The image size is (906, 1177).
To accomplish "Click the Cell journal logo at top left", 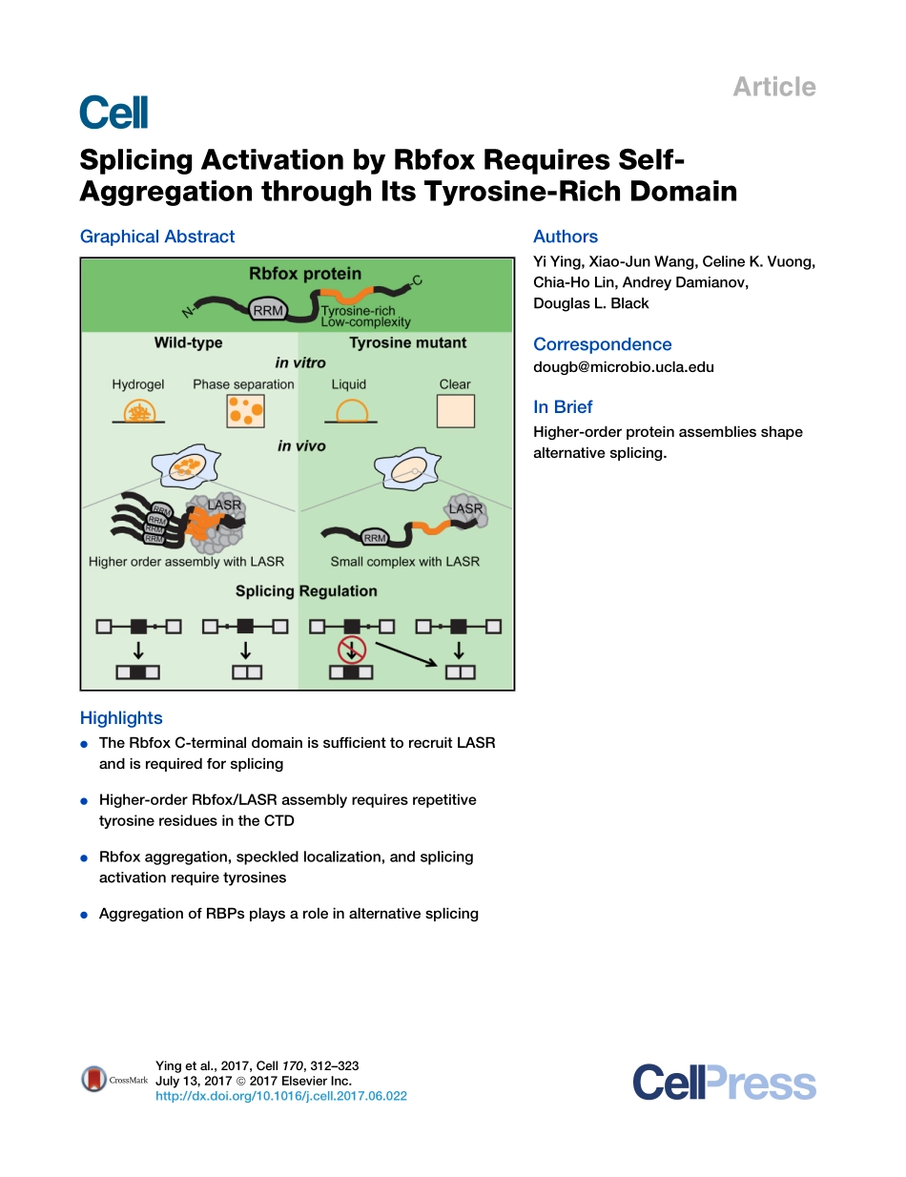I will [113, 113].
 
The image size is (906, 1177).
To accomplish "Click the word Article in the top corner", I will [773, 87].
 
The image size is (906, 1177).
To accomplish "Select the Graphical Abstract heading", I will [157, 237].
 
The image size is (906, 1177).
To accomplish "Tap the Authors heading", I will [566, 237].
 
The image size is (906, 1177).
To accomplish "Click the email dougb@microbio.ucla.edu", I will [623, 367].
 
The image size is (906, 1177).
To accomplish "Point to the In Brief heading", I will [563, 406].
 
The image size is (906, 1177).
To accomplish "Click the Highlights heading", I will [121, 718].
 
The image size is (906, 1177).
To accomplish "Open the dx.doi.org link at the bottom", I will [280, 1097].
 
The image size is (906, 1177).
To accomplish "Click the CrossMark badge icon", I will [93, 1080].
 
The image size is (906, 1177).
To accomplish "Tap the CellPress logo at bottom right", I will [724, 1084].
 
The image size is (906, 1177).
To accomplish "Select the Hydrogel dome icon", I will [138, 412].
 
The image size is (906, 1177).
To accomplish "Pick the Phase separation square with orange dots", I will [244, 412].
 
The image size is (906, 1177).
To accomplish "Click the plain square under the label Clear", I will [455, 412].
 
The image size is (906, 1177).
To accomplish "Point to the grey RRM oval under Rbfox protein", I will [267, 309].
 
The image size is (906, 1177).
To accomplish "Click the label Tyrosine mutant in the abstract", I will [407, 342].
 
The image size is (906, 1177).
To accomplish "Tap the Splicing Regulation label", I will [306, 591].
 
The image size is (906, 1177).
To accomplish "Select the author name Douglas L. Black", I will [590, 303].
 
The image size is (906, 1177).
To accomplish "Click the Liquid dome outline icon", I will [349, 411].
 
